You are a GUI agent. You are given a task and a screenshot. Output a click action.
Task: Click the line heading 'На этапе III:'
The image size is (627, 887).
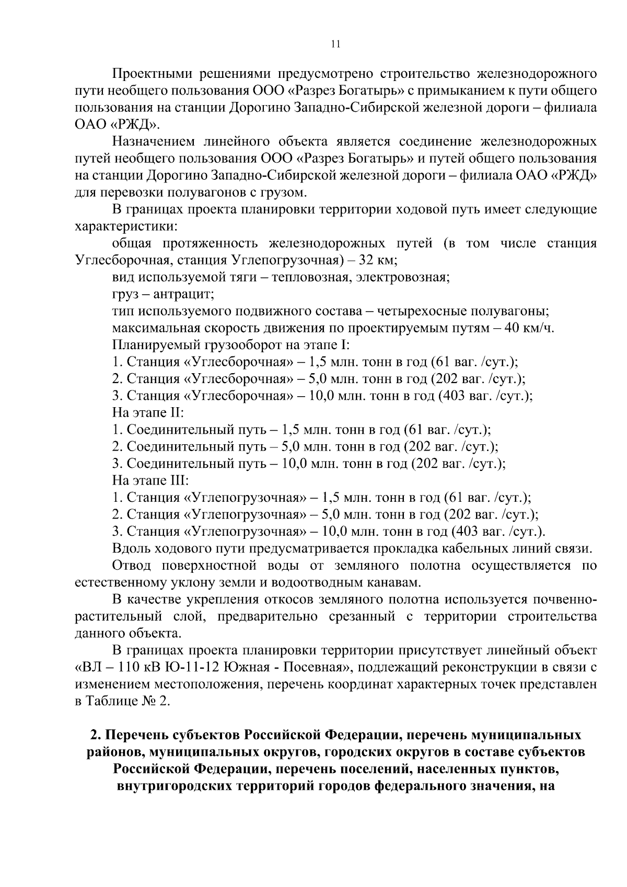(150, 480)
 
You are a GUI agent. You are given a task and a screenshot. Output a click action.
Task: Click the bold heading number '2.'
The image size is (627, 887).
(95, 735)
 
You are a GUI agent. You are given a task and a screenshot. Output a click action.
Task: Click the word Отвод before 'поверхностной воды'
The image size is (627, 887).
(132, 566)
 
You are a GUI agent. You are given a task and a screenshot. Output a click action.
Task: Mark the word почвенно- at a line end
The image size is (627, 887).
(565, 600)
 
